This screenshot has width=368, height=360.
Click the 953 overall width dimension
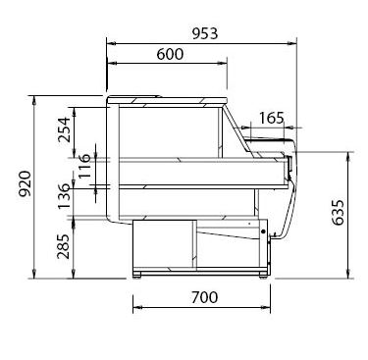point(204,33)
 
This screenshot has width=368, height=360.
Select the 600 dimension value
point(170,54)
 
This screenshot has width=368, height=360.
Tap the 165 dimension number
point(272,118)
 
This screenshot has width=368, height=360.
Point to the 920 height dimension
point(26,183)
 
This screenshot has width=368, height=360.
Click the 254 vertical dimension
point(64,129)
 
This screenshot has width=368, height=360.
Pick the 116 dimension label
point(84,166)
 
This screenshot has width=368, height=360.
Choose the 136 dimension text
point(64,196)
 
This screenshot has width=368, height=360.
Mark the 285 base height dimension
point(64,246)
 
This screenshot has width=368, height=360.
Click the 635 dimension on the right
point(338,213)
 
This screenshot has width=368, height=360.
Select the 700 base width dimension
point(204,297)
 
